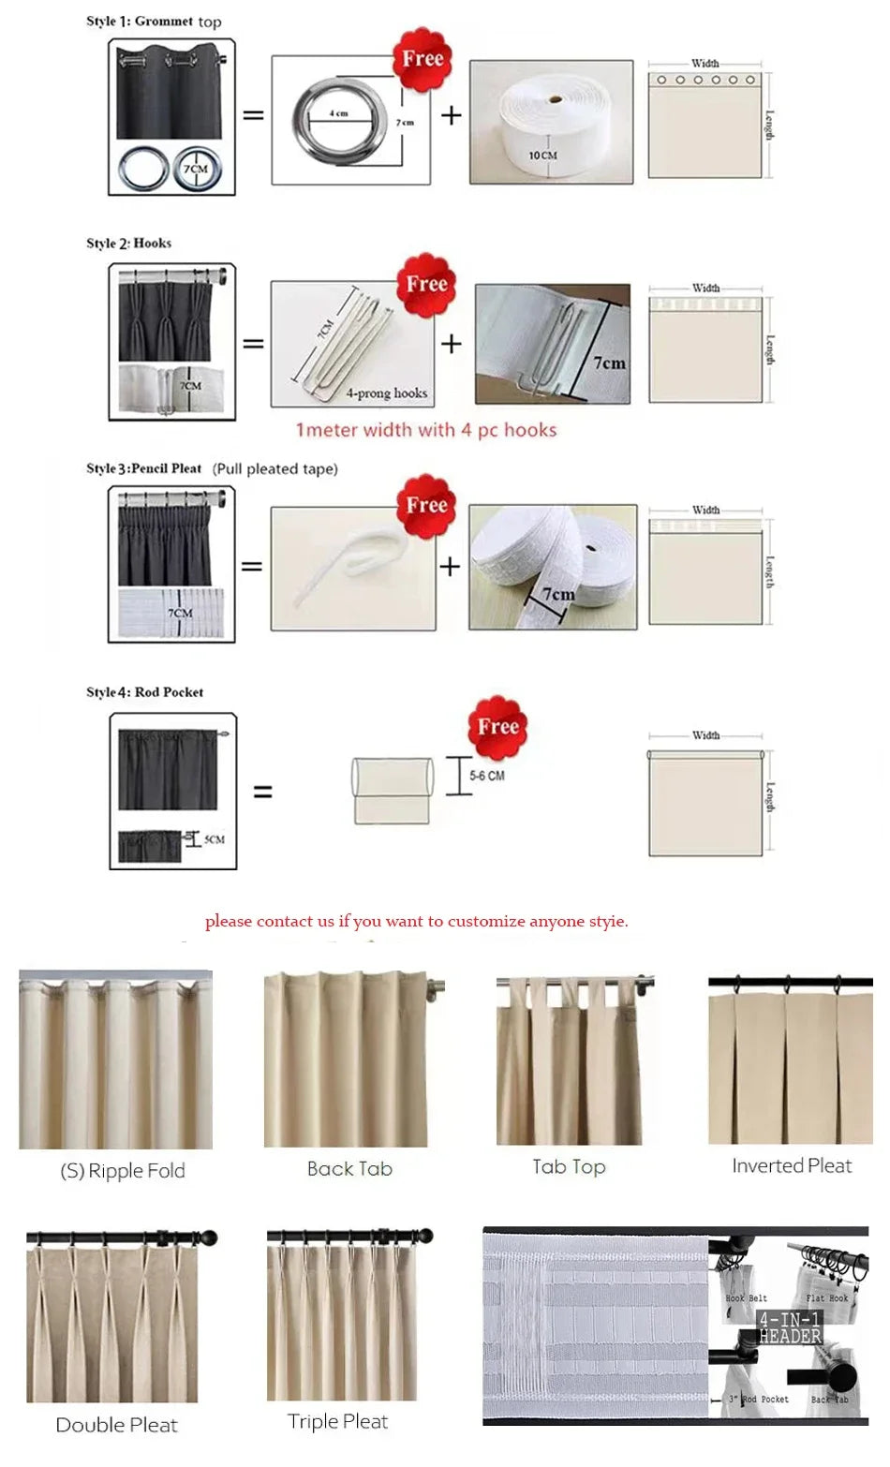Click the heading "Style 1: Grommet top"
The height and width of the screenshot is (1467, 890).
(154, 22)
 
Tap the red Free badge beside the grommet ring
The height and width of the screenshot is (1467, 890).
(422, 60)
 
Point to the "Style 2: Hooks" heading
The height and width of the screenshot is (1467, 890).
(129, 243)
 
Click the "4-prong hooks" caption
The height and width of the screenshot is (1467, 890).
(386, 393)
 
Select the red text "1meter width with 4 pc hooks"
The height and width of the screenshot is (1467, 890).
(426, 430)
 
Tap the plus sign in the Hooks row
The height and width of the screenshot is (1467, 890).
(452, 344)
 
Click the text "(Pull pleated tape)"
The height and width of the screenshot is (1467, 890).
(274, 468)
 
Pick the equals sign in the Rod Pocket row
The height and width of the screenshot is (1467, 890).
(263, 793)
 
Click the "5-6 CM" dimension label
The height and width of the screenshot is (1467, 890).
(487, 776)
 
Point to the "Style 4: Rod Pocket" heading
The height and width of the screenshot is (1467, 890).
(145, 692)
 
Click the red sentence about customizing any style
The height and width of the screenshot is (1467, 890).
(417, 921)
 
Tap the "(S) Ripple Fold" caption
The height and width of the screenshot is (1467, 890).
(123, 1170)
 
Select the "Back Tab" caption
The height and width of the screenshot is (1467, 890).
(349, 1168)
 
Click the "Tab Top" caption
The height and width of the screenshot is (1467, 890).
(569, 1166)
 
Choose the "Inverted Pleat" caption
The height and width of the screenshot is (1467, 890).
(792, 1165)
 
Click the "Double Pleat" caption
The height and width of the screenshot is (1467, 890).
(116, 1425)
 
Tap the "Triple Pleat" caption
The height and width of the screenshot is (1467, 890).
(337, 1421)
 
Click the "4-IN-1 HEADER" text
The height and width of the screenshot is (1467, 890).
(790, 1327)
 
